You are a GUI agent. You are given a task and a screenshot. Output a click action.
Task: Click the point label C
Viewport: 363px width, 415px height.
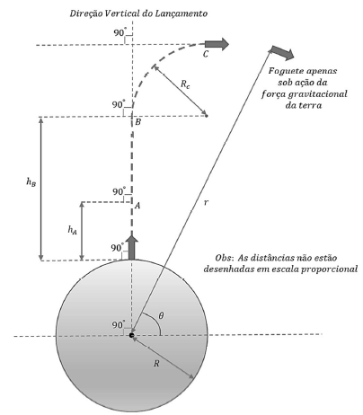pyautogui.click(x=206, y=54)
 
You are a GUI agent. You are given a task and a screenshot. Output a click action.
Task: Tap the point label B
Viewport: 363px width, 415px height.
pyautogui.click(x=137, y=122)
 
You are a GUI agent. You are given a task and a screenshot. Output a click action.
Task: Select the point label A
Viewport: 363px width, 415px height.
pyautogui.click(x=137, y=206)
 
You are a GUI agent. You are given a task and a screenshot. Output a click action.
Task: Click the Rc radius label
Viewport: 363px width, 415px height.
pyautogui.click(x=185, y=84)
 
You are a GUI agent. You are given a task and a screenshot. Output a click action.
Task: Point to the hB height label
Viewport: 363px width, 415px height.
pyautogui.click(x=31, y=181)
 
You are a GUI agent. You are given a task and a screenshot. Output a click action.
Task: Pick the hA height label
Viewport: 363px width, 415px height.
pyautogui.click(x=72, y=230)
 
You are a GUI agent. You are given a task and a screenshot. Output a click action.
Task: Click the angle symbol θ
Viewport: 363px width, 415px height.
pyautogui.click(x=161, y=315)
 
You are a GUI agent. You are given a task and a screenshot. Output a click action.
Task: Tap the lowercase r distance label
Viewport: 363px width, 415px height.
pyautogui.click(x=206, y=203)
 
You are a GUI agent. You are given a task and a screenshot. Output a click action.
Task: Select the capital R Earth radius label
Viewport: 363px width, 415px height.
pyautogui.click(x=156, y=364)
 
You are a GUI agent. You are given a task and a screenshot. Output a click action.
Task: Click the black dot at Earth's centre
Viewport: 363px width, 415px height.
pyautogui.click(x=131, y=335)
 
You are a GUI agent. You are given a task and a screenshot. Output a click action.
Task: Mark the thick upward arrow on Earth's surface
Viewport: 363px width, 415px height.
pyautogui.click(x=131, y=247)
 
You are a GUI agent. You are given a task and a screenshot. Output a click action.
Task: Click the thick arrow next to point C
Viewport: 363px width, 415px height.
pyautogui.click(x=217, y=44)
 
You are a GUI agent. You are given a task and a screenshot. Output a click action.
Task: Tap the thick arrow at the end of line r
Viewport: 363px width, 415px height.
pyautogui.click(x=283, y=53)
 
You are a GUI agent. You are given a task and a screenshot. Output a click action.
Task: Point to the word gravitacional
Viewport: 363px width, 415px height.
pyautogui.click(x=317, y=94)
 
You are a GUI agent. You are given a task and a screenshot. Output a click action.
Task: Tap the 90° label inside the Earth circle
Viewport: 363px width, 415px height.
pyautogui.click(x=118, y=325)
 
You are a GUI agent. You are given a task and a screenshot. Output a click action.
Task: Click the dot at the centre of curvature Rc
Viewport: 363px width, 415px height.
pyautogui.click(x=206, y=115)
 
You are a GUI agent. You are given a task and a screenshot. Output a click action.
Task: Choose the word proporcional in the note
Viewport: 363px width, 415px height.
pyautogui.click(x=329, y=269)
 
